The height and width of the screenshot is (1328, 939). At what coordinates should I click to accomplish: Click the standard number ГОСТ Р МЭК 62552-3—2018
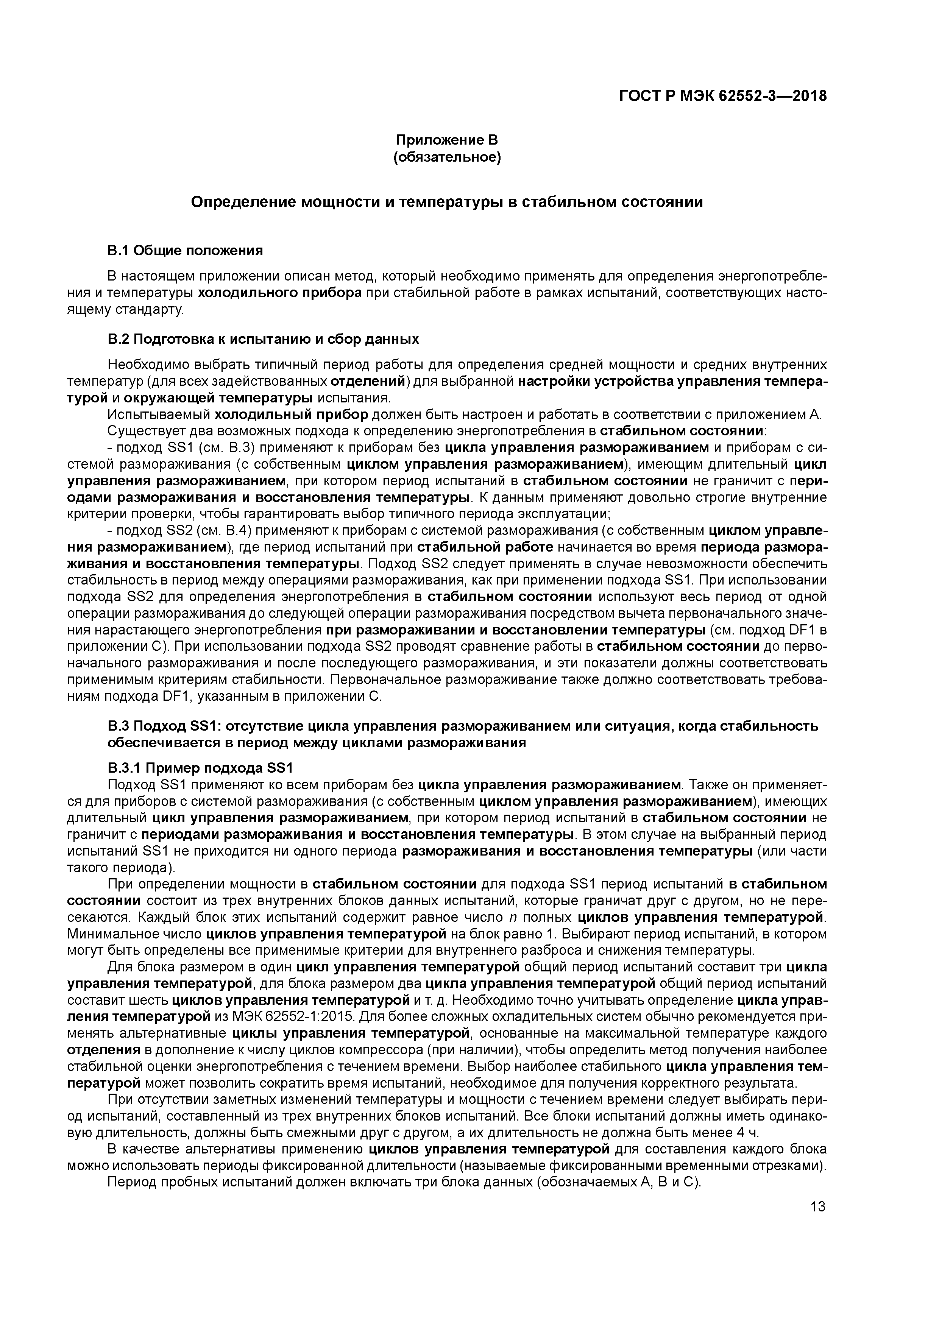coord(723,96)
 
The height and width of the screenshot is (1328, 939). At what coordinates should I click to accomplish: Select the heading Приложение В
coord(447,140)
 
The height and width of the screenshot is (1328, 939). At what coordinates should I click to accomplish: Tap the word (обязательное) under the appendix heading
coord(447,157)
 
